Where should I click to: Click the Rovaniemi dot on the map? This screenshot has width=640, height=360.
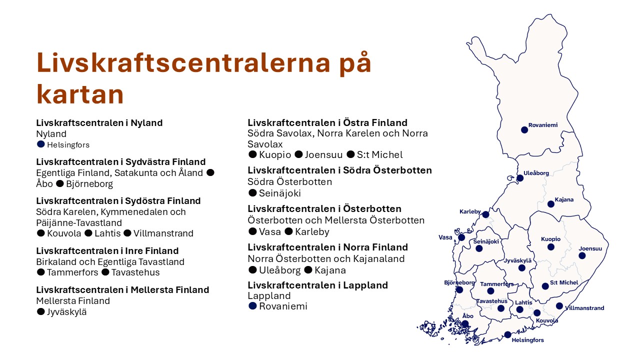pos(524,130)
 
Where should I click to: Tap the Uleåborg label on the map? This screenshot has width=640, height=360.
pos(536,173)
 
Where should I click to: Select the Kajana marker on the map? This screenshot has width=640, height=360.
pos(551,204)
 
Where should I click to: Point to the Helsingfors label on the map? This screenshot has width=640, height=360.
pos(527,340)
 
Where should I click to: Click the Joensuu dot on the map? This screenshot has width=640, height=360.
pos(582,255)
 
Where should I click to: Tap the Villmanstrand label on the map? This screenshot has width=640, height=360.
pos(584,308)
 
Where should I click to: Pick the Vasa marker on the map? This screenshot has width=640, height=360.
pos(461,237)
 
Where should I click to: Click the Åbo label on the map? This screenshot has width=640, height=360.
pos(467,315)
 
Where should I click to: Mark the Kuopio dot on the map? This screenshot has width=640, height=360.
pos(551,247)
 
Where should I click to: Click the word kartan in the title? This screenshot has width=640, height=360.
pos(80,94)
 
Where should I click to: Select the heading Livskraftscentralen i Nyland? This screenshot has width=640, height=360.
pos(99,123)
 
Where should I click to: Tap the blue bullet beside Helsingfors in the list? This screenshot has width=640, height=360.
pos(41,144)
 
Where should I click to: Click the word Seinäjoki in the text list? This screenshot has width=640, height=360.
pos(279,193)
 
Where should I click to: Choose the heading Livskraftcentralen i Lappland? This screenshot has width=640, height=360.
pos(317,285)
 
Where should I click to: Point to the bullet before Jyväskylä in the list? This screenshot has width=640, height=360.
pos(41,311)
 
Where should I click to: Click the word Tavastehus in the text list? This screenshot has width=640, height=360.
pos(135,272)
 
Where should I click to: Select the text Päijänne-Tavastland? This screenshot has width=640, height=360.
pos(79,223)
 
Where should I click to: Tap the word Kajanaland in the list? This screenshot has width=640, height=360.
pos(379,259)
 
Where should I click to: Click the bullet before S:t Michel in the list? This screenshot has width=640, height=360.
pos(350,154)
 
